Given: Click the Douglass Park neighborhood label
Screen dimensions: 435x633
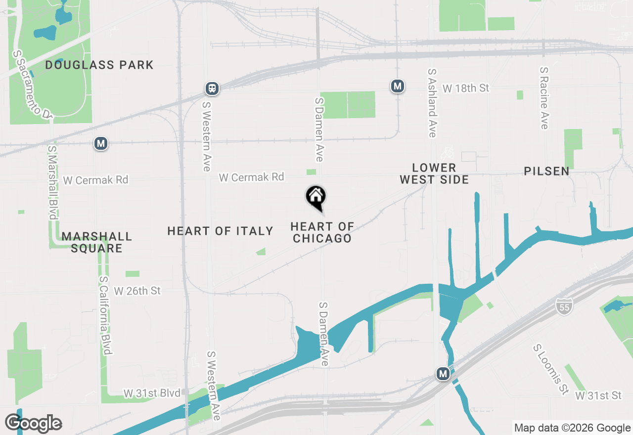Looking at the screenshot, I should point(99,65).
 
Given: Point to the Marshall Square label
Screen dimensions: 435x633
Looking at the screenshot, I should point(97,242).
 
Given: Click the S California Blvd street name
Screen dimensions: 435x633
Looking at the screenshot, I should point(105,315).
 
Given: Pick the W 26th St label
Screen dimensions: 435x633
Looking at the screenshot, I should point(137,291).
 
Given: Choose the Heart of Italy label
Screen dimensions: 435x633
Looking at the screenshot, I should point(220,231).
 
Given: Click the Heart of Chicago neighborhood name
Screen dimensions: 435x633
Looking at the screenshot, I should point(322,232).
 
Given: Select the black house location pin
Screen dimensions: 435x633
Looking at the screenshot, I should point(316,197).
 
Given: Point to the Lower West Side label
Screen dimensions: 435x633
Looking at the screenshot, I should point(434,174).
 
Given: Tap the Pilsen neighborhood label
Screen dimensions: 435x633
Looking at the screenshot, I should point(546,171).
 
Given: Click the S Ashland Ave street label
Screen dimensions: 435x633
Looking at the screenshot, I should point(432,103).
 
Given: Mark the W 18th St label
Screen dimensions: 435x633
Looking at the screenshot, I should point(466,88).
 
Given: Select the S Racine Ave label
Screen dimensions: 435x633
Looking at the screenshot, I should point(544,98).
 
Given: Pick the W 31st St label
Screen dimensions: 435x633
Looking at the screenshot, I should point(598,395).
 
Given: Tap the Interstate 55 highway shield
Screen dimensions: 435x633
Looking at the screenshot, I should point(564,305).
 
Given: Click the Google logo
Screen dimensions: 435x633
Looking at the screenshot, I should point(34,423).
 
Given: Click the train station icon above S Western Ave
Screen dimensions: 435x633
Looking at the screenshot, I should point(212,88).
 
